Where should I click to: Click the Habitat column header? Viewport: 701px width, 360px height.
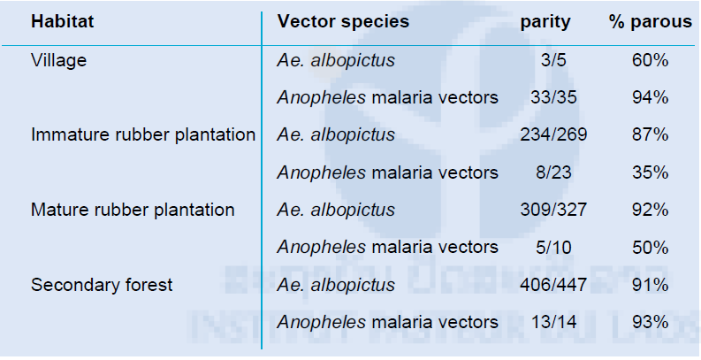tap(63, 21)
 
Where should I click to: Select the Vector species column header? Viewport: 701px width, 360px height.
tap(343, 22)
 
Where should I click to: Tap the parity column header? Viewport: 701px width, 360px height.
tap(545, 22)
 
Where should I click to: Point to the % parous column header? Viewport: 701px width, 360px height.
tap(651, 22)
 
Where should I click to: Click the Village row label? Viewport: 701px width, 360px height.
tap(58, 60)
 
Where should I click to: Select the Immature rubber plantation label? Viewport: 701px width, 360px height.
tap(143, 134)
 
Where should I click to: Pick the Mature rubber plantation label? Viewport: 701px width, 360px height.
tap(133, 210)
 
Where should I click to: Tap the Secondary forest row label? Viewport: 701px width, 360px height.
tap(102, 285)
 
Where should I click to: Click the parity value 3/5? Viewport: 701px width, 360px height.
tap(553, 60)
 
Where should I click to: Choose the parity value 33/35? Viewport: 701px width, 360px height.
tap(553, 97)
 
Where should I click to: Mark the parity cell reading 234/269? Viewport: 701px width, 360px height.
tap(553, 134)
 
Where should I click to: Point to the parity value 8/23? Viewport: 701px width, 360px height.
tap(553, 172)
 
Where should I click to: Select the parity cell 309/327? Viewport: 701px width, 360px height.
tap(553, 210)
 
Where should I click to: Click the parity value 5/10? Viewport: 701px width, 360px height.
tap(553, 248)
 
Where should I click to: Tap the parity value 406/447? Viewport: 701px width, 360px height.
tap(553, 285)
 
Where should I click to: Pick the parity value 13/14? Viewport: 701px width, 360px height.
tap(553, 322)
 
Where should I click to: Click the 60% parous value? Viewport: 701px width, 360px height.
tap(651, 60)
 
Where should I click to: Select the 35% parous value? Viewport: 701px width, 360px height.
tap(651, 172)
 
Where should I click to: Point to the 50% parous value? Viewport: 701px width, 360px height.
tap(651, 248)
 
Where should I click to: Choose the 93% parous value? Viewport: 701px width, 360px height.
tap(651, 322)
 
